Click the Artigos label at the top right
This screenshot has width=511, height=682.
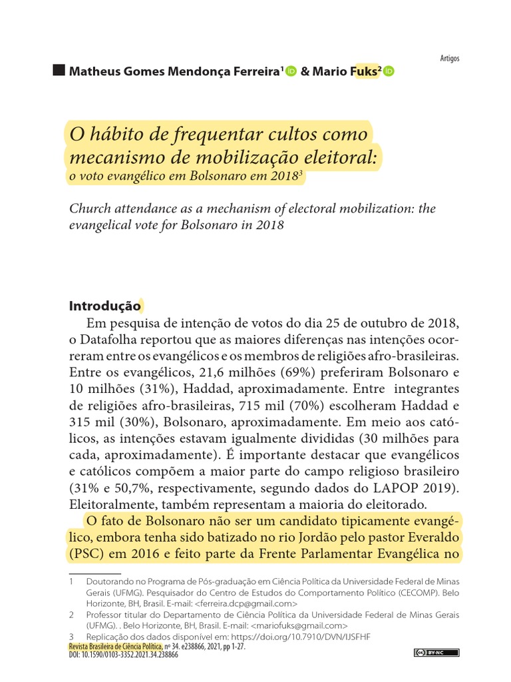pyautogui.click(x=450, y=58)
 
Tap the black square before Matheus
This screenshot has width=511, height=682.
pyautogui.click(x=59, y=71)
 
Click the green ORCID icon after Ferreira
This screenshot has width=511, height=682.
pyautogui.click(x=291, y=72)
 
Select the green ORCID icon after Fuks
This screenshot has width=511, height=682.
pyautogui.click(x=389, y=72)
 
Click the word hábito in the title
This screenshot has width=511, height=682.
pyautogui.click(x=117, y=134)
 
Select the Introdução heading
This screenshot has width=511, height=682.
pyautogui.click(x=105, y=306)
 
